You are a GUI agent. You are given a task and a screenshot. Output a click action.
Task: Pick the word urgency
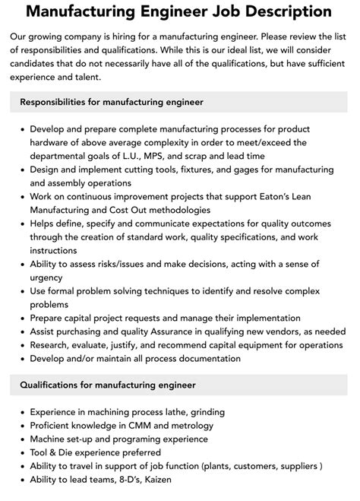pyautogui.click(x=47, y=277)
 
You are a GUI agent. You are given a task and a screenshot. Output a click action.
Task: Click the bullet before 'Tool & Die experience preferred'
pyautogui.click(x=21, y=452)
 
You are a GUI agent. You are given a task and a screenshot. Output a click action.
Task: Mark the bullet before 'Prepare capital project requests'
pyautogui.click(x=21, y=318)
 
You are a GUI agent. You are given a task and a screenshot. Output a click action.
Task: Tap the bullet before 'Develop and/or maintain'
pyautogui.click(x=21, y=359)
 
